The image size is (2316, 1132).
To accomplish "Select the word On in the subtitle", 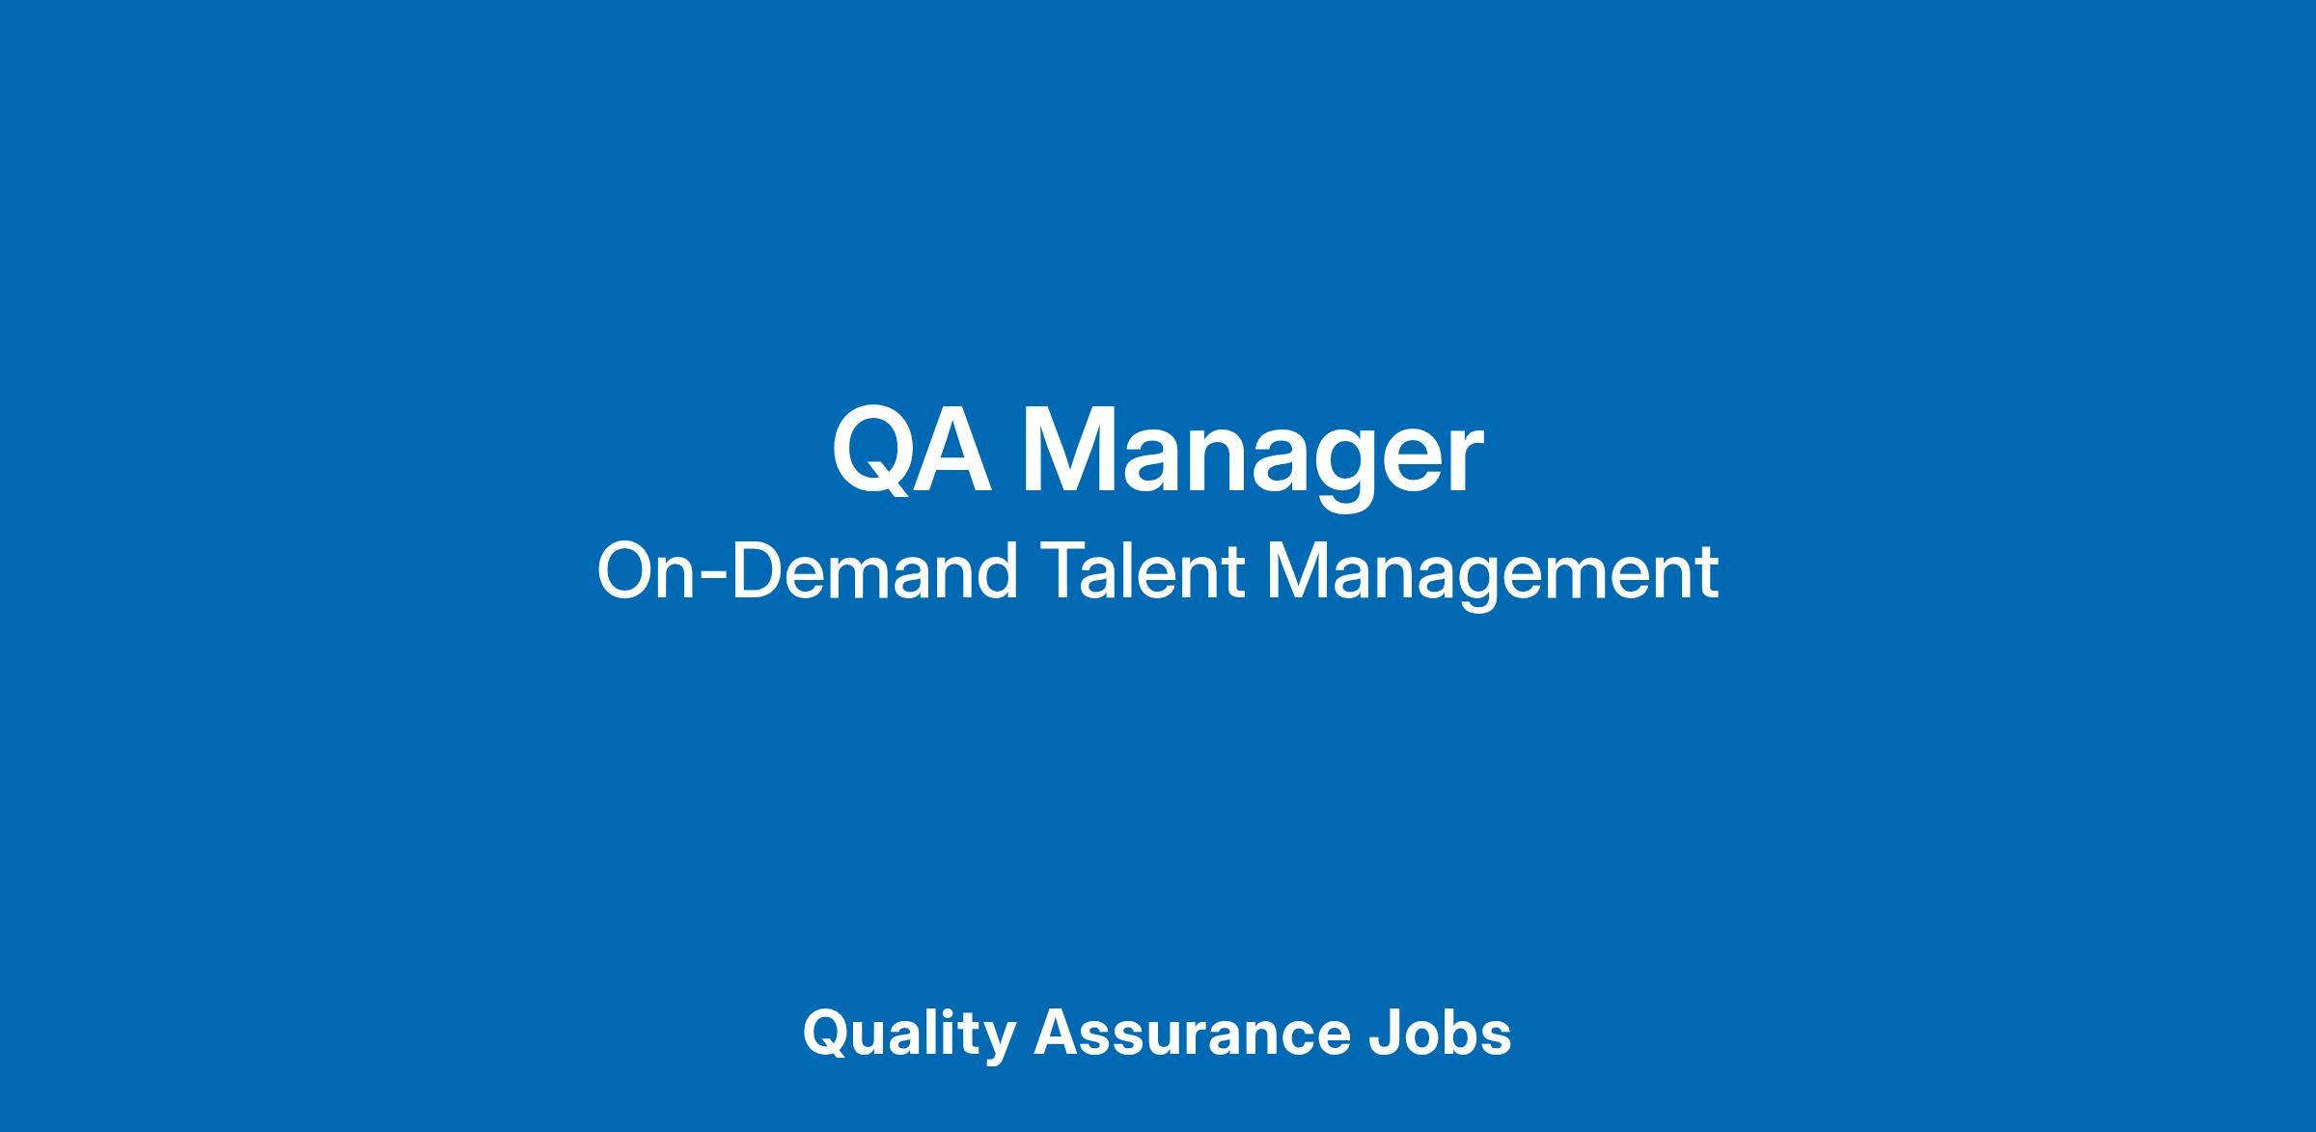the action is point(646,571).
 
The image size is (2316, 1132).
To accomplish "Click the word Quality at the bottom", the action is point(908,1035).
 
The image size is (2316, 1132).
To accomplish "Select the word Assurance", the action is point(1192,1033).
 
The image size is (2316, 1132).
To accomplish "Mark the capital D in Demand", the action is point(758,571).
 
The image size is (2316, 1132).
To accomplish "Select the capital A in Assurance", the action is point(1057,1033).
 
